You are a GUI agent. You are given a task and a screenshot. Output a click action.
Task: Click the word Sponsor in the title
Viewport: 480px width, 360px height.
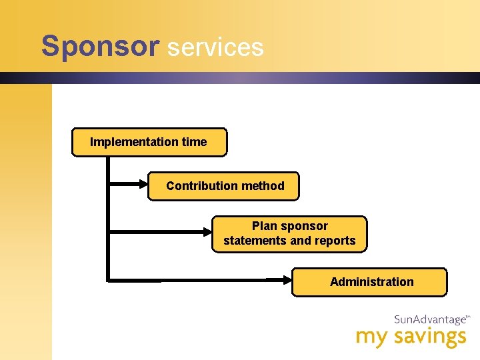tap(100, 47)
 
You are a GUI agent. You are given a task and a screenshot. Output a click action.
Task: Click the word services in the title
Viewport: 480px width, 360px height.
tap(215, 47)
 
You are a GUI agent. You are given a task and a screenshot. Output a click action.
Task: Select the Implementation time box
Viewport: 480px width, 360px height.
tap(149, 142)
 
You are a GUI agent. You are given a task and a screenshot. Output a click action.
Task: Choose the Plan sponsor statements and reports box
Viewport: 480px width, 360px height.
tap(289, 233)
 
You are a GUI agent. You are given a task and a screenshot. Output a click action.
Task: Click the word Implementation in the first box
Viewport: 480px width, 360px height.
tap(125, 142)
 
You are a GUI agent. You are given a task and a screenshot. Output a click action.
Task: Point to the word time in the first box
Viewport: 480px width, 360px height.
tap(193, 142)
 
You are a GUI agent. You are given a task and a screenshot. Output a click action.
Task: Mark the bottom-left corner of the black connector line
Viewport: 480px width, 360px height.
tap(107, 281)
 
